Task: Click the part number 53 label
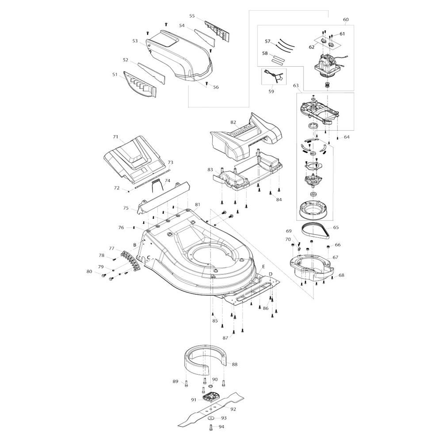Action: (x=135, y=41)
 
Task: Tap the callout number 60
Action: (x=346, y=19)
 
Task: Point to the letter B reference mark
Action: (x=135, y=245)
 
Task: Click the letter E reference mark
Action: (x=263, y=267)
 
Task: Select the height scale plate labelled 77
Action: (x=131, y=261)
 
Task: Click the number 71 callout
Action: (x=115, y=137)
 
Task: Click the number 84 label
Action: (x=279, y=200)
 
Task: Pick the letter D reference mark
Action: (x=271, y=274)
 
